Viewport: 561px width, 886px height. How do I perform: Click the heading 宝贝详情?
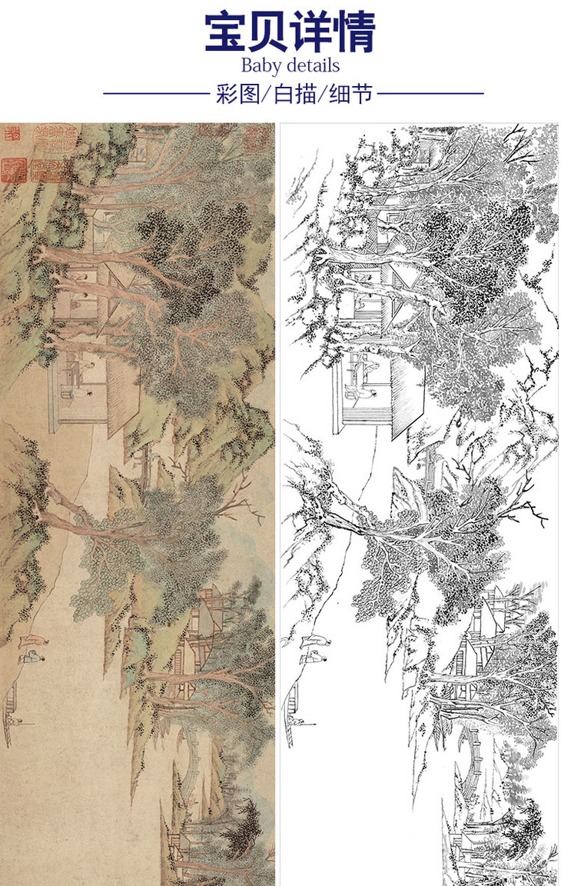(x=290, y=32)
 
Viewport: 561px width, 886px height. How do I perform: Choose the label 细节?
(x=350, y=94)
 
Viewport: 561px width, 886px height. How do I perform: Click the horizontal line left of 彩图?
(x=156, y=94)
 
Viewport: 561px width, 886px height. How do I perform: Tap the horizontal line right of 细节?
(x=430, y=94)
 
